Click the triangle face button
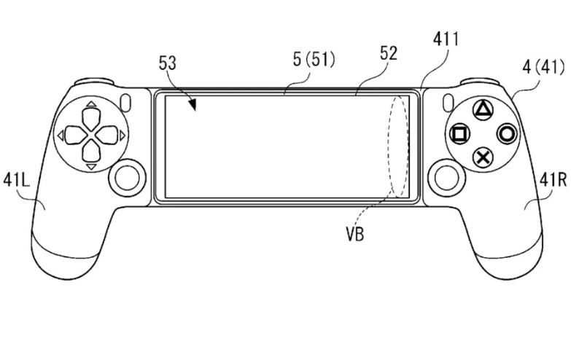point(483,109)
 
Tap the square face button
point(460,134)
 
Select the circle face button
point(507,133)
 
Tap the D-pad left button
point(76,136)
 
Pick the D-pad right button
point(106,136)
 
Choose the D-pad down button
point(91,152)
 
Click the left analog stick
point(127,178)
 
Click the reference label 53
point(168,63)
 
